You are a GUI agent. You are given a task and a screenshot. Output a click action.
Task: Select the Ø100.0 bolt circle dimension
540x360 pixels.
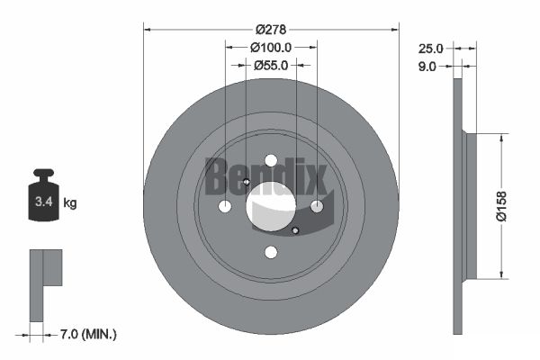tap(271, 46)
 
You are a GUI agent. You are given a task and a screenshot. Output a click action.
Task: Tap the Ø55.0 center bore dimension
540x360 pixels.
tap(271, 65)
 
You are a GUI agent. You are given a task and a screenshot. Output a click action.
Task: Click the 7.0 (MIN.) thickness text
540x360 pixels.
tap(86, 334)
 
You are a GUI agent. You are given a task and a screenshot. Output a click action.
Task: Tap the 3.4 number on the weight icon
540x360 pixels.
tap(42, 203)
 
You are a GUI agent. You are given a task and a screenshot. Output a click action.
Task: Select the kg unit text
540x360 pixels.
tap(70, 203)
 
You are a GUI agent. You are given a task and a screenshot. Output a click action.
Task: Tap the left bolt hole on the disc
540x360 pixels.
tap(225, 207)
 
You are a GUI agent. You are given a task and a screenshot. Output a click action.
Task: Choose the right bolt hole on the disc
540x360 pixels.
tap(317, 207)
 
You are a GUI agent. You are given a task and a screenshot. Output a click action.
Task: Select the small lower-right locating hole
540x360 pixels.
tap(296, 231)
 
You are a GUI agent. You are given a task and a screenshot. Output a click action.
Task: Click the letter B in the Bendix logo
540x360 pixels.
tap(216, 176)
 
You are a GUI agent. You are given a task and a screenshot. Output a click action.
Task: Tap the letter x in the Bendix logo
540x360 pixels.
tap(315, 178)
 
